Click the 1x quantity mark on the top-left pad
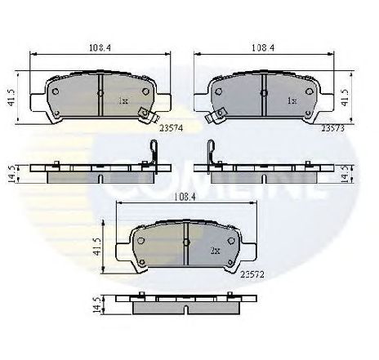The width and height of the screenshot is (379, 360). click(x=123, y=101)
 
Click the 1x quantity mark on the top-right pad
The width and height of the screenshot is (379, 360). click(x=292, y=101)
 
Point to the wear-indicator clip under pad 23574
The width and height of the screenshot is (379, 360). click(x=145, y=115)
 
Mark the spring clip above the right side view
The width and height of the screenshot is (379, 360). click(x=210, y=155)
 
